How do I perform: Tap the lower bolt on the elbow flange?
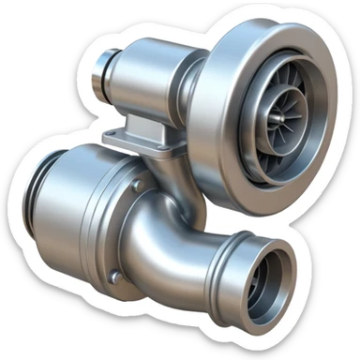coord(114,277)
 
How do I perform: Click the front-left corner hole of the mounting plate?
coord(111,141)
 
